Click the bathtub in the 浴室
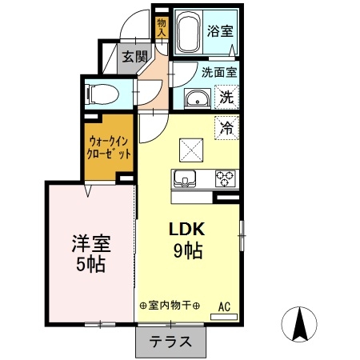[188, 32]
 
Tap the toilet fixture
[102, 94]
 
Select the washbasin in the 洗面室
[198, 98]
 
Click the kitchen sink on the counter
[185, 178]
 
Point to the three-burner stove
[226, 178]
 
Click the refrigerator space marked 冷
[226, 128]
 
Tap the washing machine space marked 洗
[226, 97]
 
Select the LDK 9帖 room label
[187, 239]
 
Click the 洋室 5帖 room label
[91, 253]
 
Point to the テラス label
[170, 342]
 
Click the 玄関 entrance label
[135, 57]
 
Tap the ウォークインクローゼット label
[109, 147]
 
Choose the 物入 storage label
[162, 27]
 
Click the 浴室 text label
[220, 31]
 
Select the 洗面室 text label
[219, 72]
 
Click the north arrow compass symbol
[299, 324]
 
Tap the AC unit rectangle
[224, 317]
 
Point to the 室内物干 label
[170, 306]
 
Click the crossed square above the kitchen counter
[191, 150]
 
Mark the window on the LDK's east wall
[242, 236]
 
